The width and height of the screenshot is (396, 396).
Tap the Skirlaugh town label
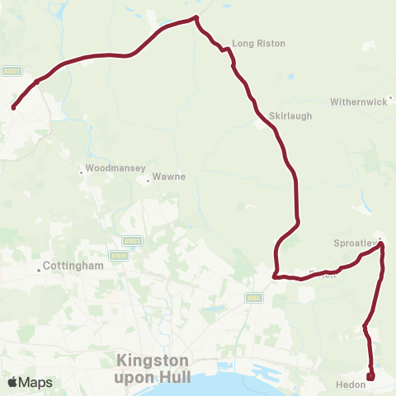click(290, 116)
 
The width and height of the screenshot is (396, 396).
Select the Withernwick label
click(358, 102)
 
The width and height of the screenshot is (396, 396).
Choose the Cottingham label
click(73, 266)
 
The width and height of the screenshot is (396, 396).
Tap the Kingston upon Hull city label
click(153, 369)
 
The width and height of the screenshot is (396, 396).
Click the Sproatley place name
click(355, 243)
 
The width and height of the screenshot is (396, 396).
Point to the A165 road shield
click(253, 298)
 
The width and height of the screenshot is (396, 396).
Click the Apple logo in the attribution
click(13, 382)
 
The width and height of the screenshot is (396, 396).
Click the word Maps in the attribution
click(35, 382)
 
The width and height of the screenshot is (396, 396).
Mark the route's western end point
click(13, 107)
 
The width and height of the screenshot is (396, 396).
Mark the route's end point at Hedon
click(370, 377)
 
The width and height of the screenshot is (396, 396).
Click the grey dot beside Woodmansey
click(81, 172)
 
